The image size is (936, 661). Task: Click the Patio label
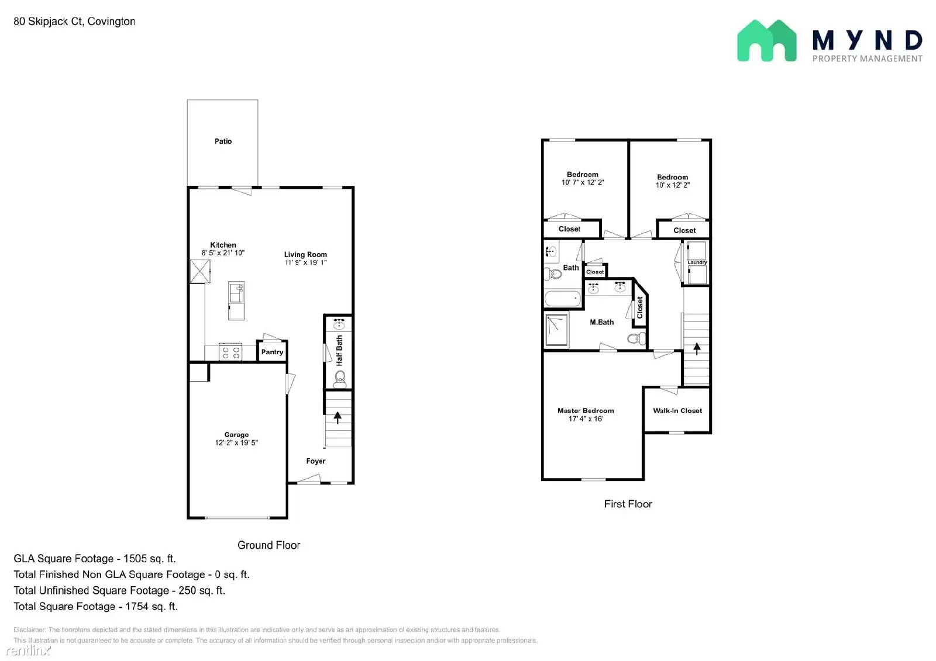pyautogui.click(x=223, y=141)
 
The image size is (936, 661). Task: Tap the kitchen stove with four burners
pyautogui.click(x=230, y=352)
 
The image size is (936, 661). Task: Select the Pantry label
pyautogui.click(x=272, y=352)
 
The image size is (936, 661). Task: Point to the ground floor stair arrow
pyautogui.click(x=338, y=417)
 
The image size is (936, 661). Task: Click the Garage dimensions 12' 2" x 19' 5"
pyautogui.click(x=236, y=443)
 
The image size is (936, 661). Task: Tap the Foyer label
pyautogui.click(x=315, y=461)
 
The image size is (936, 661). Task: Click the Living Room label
pyautogui.click(x=305, y=254)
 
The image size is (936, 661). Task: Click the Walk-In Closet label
pyautogui.click(x=677, y=411)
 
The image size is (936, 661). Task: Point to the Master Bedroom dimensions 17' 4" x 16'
pyautogui.click(x=585, y=419)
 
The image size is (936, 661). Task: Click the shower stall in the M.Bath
pyautogui.click(x=556, y=330)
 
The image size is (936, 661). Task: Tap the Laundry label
pyautogui.click(x=697, y=262)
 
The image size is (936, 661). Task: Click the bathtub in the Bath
pyautogui.click(x=563, y=299)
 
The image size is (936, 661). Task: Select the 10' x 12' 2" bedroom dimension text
pyautogui.click(x=672, y=185)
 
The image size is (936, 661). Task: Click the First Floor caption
pyautogui.click(x=628, y=504)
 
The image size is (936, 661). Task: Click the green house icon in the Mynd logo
pyautogui.click(x=766, y=41)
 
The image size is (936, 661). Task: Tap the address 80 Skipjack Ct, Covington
pyautogui.click(x=74, y=22)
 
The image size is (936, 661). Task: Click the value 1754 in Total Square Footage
pyautogui.click(x=137, y=607)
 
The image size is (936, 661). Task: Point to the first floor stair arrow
pyautogui.click(x=697, y=349)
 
